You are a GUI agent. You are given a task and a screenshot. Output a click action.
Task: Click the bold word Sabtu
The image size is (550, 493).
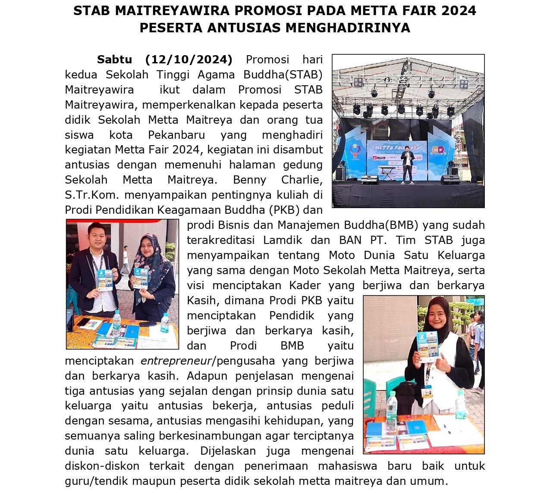pyautogui.click(x=114, y=59)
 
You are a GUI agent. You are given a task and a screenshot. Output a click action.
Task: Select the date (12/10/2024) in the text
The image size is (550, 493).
pyautogui.click(x=189, y=59)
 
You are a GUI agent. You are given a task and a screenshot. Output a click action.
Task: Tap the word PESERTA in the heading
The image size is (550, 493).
pyautogui.click(x=171, y=28)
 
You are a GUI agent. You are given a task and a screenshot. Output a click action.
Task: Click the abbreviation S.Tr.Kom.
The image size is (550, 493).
pyautogui.click(x=91, y=195)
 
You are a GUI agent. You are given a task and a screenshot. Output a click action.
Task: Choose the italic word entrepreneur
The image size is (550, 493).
pyautogui.click(x=176, y=361)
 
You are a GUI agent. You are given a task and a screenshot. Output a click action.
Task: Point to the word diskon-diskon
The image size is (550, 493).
pyautogui.click(x=102, y=466)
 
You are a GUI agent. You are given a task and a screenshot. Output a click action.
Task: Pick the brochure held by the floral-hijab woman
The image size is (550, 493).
pyautogui.click(x=140, y=278)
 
